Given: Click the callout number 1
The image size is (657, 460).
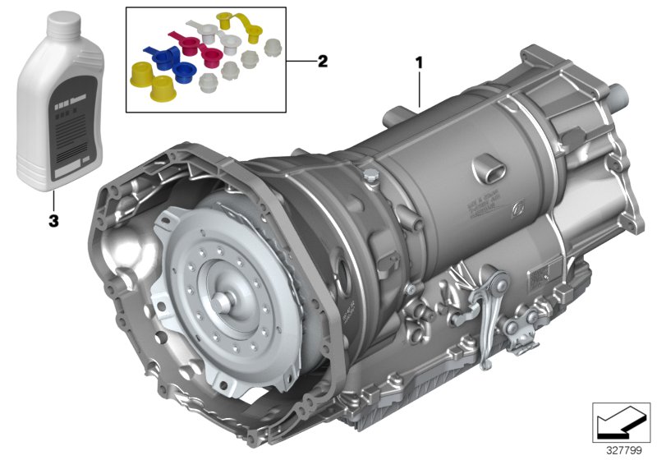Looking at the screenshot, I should point(420,62).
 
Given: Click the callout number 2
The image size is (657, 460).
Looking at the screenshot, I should point(323,61).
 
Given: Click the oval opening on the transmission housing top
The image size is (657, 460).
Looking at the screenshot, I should point(485,172).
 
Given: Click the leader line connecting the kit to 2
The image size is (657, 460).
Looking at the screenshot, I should point(299,62).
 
